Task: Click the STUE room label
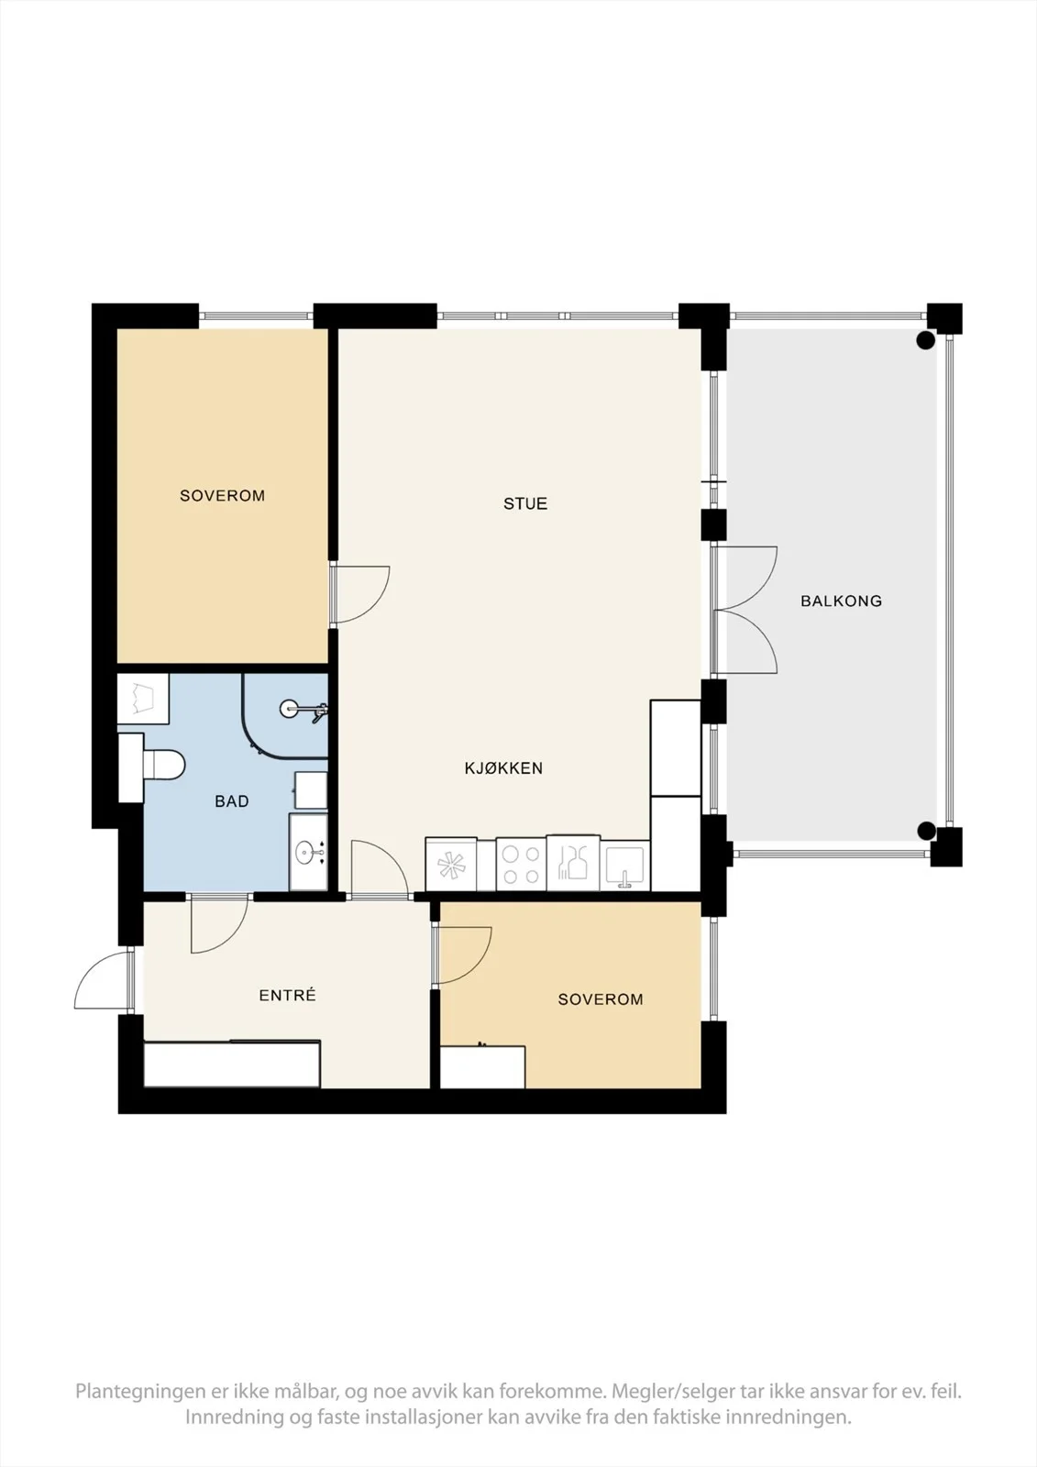525,503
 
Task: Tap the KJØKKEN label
503,768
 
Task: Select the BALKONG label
841,601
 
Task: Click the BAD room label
232,801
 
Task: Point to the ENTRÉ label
288,996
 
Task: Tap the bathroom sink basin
309,852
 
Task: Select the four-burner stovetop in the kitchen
521,864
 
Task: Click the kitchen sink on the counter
625,866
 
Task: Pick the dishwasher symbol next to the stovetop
451,865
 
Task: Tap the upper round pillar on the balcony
925,340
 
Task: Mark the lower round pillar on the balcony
926,831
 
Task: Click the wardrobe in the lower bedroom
482,1067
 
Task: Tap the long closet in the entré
232,1064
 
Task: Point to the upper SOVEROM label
223,496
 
